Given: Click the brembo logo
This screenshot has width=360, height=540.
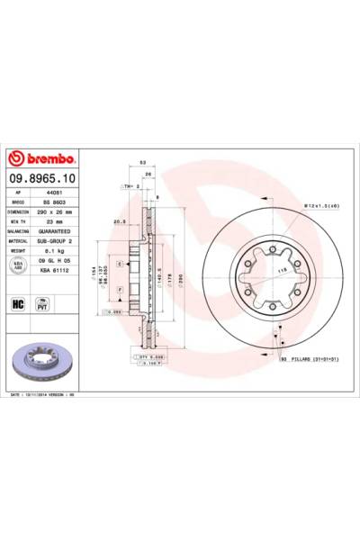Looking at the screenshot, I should point(42,159).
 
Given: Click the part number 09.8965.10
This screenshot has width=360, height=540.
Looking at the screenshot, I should point(42,179).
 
